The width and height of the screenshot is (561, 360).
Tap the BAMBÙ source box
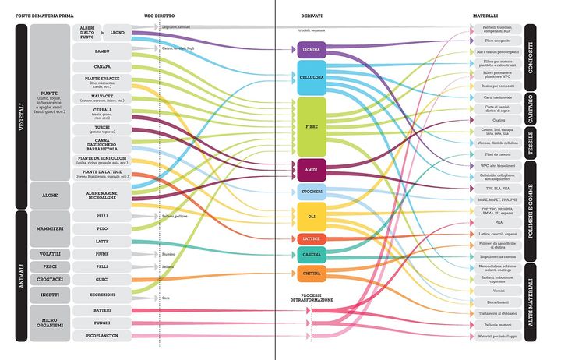(101, 51)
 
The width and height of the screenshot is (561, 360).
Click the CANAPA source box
(101, 68)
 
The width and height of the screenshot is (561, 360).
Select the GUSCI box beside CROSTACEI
(101, 278)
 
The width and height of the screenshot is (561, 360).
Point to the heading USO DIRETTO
(159, 16)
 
